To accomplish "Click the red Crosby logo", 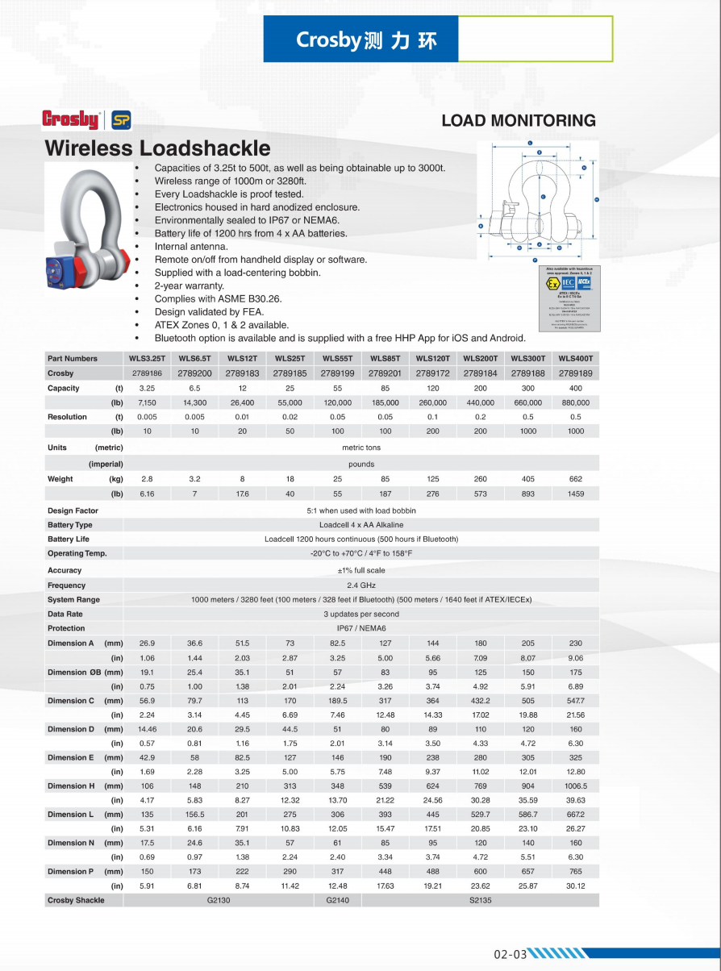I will click(70, 120).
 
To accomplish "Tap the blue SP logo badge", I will click(121, 120).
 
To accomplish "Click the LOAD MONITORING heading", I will click(519, 121).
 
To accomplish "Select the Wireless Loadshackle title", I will click(157, 148).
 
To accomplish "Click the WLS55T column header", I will click(337, 358).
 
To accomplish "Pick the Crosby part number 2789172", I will click(432, 373).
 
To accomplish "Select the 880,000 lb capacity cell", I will click(575, 402).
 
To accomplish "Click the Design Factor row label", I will click(73, 511).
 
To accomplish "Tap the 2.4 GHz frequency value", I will click(361, 586).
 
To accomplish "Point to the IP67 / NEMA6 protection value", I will click(361, 628).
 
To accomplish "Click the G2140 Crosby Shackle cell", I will click(337, 900).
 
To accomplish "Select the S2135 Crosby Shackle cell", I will click(480, 900).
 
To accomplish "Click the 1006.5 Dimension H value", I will click(575, 786).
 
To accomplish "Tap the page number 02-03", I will click(511, 954).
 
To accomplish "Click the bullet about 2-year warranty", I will click(190, 285).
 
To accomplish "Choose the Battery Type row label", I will click(70, 525).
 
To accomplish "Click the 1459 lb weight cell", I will click(575, 494).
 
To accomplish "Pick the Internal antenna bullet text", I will click(191, 247).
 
